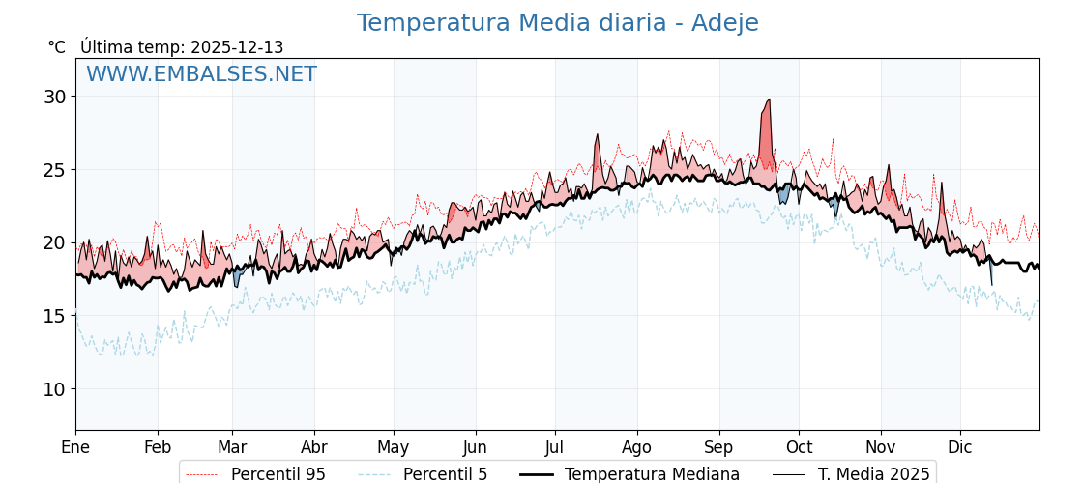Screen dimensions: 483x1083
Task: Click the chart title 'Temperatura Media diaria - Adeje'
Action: (557, 23)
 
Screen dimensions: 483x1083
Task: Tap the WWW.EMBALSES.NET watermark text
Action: (201, 74)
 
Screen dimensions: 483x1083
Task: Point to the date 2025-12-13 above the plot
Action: (237, 47)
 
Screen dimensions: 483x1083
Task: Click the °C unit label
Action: (56, 47)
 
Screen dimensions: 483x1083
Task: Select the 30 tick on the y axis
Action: (54, 97)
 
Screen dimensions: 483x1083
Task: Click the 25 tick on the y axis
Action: (54, 170)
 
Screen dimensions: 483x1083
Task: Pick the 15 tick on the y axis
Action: (54, 316)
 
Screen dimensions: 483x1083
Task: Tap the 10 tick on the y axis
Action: (54, 389)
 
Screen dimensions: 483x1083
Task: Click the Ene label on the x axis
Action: (75, 447)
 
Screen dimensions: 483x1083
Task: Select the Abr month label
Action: (314, 447)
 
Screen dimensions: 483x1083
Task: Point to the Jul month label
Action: (555, 447)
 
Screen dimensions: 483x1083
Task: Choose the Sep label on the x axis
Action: (719, 447)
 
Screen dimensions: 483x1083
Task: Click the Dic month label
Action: (960, 447)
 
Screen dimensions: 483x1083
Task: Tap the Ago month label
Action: (637, 447)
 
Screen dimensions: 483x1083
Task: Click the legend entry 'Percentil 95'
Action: (278, 474)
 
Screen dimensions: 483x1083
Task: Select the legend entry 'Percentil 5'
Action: (445, 474)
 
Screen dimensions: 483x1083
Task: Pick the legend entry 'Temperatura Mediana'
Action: (652, 474)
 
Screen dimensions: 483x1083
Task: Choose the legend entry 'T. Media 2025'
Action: (873, 474)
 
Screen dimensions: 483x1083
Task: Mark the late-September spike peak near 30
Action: (769, 99)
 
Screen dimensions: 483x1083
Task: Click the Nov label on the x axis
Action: (881, 447)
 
